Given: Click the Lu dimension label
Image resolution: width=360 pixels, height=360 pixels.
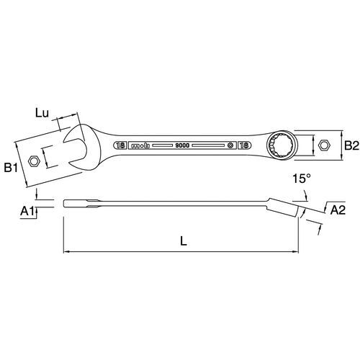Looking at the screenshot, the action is [x=42, y=113].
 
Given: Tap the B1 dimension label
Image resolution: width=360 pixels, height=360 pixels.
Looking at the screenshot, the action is [x=11, y=168].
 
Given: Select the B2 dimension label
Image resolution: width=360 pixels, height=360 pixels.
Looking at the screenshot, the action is [x=351, y=145].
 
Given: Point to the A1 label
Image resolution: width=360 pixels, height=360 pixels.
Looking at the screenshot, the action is [x=27, y=211].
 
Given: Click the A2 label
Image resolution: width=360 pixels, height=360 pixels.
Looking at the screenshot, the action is [x=338, y=210].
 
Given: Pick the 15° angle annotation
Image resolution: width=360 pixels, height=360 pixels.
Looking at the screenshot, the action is [x=302, y=179].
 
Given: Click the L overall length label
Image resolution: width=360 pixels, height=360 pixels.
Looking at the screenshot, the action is [x=184, y=240].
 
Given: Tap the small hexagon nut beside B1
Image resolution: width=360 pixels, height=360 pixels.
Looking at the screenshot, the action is [x=34, y=161].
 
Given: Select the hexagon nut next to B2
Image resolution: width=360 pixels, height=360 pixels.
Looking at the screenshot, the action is [x=324, y=145].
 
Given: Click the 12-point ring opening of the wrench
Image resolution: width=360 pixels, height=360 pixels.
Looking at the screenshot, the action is [x=282, y=145].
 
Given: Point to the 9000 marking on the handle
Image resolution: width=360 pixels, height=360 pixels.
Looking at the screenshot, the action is [x=182, y=145].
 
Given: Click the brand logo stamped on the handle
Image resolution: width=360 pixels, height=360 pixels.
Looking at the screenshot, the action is [x=140, y=145].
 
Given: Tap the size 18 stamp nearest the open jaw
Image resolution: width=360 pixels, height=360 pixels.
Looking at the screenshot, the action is [x=120, y=145].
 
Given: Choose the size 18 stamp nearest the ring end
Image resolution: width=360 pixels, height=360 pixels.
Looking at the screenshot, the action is [x=244, y=145].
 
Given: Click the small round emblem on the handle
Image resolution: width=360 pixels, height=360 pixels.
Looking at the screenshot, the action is [x=230, y=145].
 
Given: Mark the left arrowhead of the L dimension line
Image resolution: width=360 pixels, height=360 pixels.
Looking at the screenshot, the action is [x=66, y=252].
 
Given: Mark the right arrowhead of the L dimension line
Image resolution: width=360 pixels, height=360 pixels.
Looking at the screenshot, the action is [x=295, y=252].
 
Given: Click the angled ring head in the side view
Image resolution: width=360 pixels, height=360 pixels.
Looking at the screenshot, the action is [x=283, y=207].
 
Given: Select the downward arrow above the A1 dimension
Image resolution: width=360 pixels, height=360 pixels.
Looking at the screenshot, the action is [x=36, y=194].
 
